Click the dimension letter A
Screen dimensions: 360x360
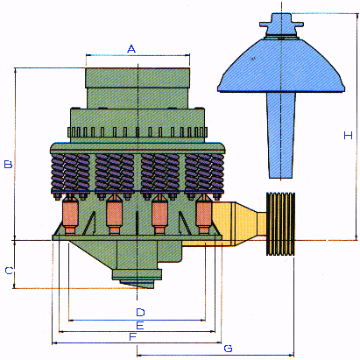131,49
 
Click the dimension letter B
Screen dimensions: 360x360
8,164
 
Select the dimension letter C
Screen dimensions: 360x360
9,271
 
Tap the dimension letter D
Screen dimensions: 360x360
140,312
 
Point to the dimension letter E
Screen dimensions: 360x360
140,325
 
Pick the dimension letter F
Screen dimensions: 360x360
133,337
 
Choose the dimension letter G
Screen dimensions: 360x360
228,349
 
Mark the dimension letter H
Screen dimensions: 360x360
348,136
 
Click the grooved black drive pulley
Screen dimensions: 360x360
280,224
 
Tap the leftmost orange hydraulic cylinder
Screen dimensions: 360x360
70,215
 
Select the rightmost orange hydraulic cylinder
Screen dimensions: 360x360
203,215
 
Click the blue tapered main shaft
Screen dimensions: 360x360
280,135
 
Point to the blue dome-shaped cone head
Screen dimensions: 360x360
281,66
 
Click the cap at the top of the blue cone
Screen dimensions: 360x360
281,25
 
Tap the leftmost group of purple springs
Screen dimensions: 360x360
70,173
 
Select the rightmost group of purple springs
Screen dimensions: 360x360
204,173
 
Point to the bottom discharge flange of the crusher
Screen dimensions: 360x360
138,275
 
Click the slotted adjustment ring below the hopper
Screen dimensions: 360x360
138,132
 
